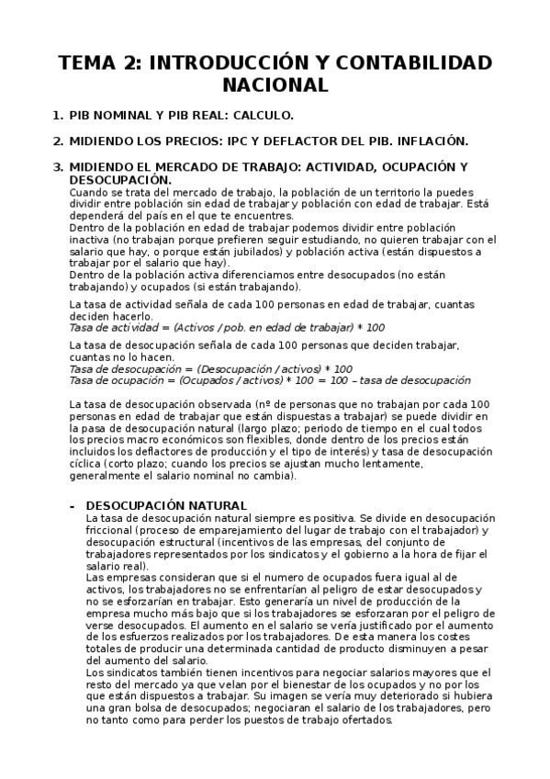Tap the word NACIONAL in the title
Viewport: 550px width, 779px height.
pos(275,85)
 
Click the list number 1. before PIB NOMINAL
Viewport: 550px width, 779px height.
pos(58,116)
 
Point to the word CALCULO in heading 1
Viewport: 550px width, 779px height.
pos(263,116)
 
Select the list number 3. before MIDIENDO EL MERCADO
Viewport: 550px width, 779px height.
pos(58,166)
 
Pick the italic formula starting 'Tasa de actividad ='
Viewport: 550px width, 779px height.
pos(228,327)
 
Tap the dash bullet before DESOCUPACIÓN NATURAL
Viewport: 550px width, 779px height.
pos(73,505)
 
